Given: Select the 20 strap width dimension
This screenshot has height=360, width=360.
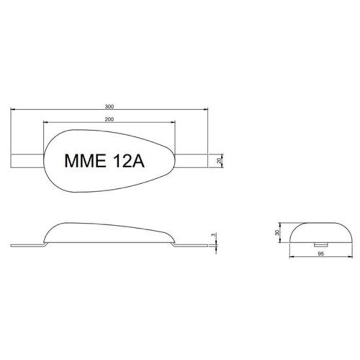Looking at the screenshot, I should (219, 160).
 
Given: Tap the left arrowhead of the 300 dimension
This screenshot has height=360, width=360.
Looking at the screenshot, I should (13, 109).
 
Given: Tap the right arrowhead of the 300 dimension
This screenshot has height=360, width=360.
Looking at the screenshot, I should (207, 109).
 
